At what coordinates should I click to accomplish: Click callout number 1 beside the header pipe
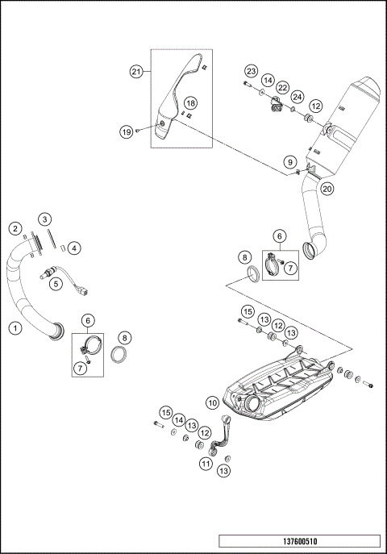click(15, 327)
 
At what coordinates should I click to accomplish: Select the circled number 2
click(15, 228)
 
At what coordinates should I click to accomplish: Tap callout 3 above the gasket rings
click(45, 219)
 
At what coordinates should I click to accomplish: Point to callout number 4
click(73, 248)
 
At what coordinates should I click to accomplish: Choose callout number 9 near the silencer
click(288, 163)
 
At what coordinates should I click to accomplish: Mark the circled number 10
click(214, 402)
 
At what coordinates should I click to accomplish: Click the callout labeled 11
click(206, 464)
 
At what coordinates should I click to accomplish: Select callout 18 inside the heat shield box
click(190, 103)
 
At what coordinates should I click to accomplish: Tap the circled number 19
click(126, 131)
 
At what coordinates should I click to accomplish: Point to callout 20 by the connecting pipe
click(327, 189)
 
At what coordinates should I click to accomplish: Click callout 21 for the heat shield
click(136, 72)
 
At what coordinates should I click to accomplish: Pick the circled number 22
click(283, 86)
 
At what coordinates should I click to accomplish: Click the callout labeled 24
click(298, 97)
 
